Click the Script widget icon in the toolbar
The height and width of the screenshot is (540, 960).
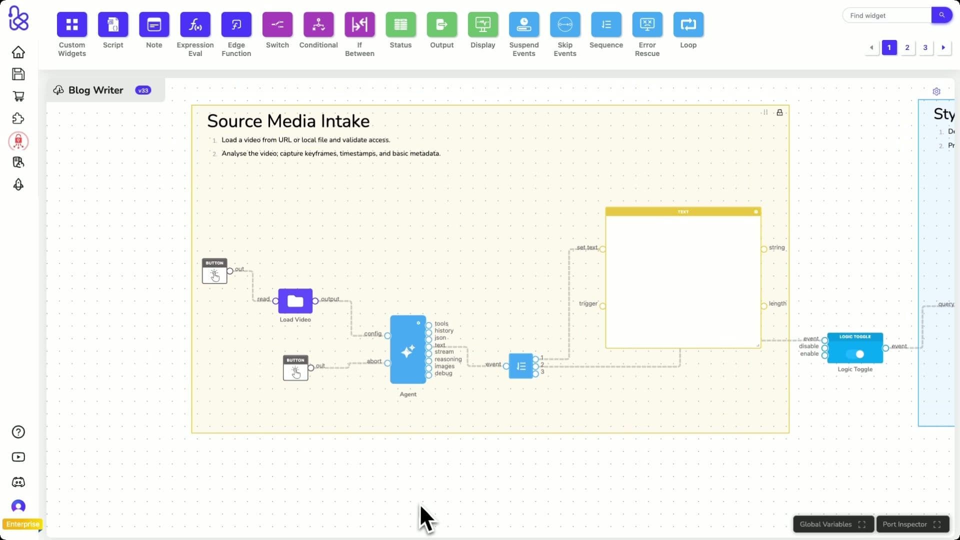click(113, 24)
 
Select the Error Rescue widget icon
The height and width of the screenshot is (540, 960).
click(647, 24)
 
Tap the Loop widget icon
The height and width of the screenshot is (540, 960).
click(688, 24)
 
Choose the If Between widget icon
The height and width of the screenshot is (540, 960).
click(359, 24)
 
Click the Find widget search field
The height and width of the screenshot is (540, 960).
click(886, 15)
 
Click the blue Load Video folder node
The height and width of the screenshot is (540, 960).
click(295, 301)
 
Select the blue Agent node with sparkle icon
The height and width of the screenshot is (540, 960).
click(407, 350)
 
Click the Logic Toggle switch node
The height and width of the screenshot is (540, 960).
click(855, 348)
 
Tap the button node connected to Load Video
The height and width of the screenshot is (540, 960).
click(214, 271)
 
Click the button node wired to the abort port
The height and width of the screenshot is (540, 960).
click(295, 368)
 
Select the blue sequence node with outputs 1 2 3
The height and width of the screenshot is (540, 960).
click(520, 366)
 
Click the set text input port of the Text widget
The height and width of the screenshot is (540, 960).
click(602, 249)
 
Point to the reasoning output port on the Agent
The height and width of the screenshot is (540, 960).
click(429, 360)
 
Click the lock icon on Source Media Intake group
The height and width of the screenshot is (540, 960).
click(779, 112)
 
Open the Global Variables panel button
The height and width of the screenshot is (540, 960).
click(832, 524)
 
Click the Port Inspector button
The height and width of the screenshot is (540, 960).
click(912, 524)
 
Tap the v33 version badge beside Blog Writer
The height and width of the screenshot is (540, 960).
click(143, 90)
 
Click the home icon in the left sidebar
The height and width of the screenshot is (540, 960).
click(18, 52)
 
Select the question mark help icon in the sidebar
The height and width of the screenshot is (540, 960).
click(18, 432)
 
